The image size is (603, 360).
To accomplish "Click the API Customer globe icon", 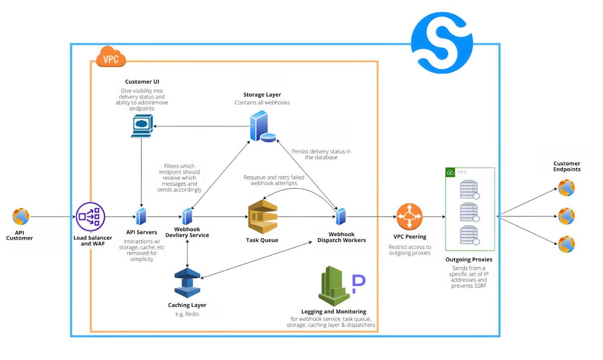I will point(21,217).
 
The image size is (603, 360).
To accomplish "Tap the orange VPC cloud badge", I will point(111,57).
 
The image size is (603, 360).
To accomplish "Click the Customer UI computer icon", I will point(141,126).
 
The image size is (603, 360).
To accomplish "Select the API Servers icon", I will point(142,216).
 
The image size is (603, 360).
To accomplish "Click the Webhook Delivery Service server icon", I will point(187,216).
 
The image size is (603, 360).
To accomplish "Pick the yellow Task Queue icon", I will point(263,216).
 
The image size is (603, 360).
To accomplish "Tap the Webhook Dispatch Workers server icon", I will point(341,216).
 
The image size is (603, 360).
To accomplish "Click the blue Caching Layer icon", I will point(187,283).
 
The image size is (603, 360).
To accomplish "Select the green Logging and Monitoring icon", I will point(334,286).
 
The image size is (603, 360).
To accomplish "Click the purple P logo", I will point(358,284).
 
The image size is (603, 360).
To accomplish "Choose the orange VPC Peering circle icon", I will point(410,217).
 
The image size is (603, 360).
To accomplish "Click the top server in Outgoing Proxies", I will point(469,189).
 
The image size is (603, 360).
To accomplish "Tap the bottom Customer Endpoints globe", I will point(566,245).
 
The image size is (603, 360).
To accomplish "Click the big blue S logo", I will point(442,43).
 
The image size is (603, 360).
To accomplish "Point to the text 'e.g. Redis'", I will point(187,314).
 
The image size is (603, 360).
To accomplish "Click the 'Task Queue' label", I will point(262,240).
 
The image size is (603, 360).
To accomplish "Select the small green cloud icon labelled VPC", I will point(451,172).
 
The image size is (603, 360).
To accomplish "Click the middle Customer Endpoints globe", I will point(566,216).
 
